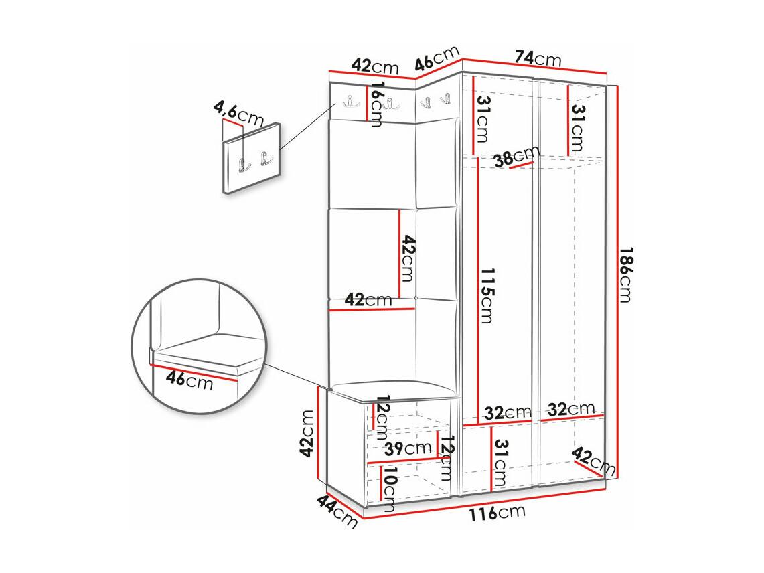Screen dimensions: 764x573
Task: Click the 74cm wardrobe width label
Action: tap(538, 58)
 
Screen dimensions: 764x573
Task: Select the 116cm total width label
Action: tap(497, 513)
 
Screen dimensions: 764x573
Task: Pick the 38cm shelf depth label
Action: tap(516, 157)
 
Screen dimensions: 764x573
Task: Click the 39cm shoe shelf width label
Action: tap(408, 448)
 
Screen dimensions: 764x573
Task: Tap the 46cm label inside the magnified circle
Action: tap(189, 379)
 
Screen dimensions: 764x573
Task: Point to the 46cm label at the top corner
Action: tap(437, 58)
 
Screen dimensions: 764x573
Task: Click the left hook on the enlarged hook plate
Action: tap(244, 164)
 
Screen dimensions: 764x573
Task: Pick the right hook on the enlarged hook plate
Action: tap(266, 159)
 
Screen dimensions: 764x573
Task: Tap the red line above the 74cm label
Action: tap(534, 66)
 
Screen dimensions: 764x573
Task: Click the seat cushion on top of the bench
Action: tap(393, 390)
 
